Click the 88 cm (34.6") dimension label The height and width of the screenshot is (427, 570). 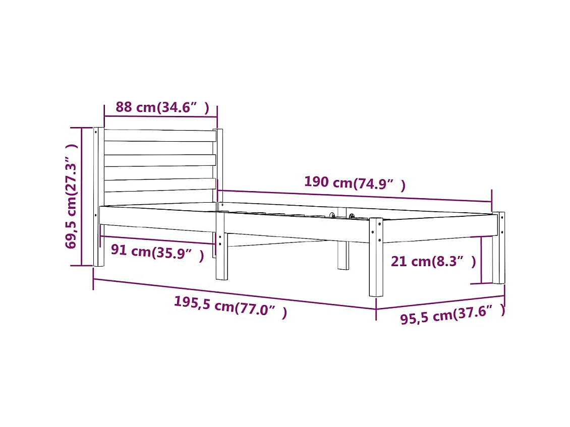tap(161, 107)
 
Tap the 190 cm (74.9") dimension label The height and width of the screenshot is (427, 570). tap(354, 184)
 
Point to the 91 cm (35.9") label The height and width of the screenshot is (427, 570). tap(157, 252)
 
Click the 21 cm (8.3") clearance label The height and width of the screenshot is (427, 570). tap(433, 262)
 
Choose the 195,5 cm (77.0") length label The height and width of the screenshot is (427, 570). tap(230, 306)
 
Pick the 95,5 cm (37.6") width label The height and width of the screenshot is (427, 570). tap(452, 315)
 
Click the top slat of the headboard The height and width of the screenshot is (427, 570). tap(159, 136)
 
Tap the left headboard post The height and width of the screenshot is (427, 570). tap(98, 197)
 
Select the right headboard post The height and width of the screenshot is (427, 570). tap(220, 166)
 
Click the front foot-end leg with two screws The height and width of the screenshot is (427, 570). tap(376, 257)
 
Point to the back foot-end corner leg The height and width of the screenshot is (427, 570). tap(498, 247)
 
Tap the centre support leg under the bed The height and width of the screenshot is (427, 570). tap(343, 255)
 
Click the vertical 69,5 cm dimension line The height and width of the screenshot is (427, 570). tap(82, 197)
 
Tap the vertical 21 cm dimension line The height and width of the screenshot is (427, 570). tap(481, 260)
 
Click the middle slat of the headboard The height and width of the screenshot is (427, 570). tap(159, 160)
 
